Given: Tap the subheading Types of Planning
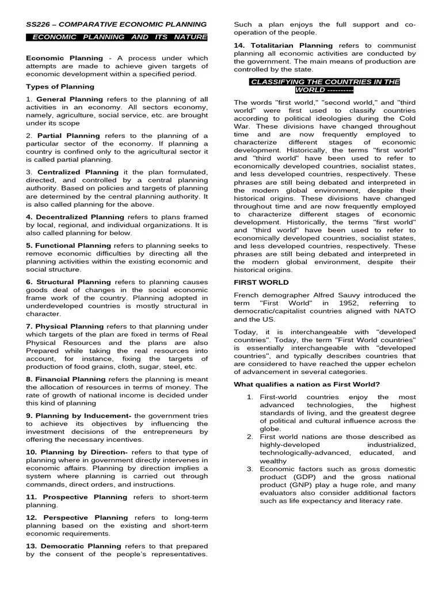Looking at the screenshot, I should pyautogui.click(x=60, y=86).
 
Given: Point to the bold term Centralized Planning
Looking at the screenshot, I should pyautogui.click(x=78, y=172).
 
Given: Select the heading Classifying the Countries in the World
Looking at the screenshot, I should pyautogui.click(x=324, y=86).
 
